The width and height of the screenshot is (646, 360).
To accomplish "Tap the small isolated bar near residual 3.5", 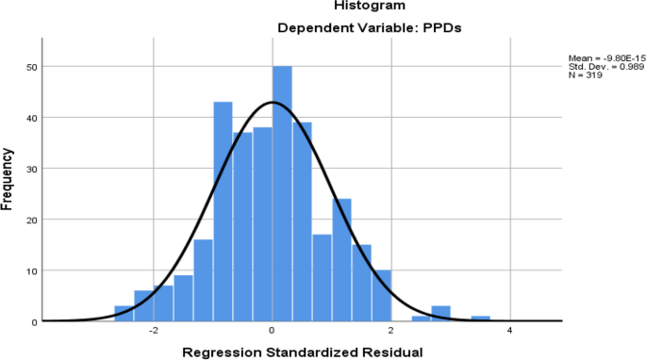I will point(480,319).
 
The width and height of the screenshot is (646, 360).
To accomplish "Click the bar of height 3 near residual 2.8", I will point(440,314).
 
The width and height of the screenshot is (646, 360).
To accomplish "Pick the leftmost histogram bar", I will point(124,314).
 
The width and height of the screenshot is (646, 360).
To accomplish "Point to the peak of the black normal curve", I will point(273,102).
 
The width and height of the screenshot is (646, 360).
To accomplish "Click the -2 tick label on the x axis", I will point(153,332).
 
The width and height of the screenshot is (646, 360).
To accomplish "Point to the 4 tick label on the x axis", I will point(510,332).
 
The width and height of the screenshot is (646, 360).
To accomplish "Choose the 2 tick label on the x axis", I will point(391,332).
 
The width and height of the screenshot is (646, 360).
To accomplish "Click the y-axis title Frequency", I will point(8,181).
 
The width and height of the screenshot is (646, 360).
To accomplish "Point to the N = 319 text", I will point(585,74).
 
